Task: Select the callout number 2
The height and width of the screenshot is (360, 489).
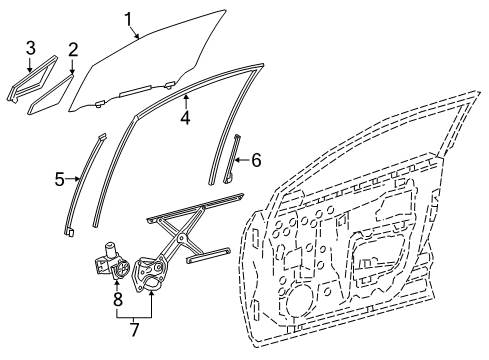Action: click(x=73, y=49)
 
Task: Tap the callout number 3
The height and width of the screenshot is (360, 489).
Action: click(x=30, y=47)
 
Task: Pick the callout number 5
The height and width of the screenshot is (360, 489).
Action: click(x=59, y=180)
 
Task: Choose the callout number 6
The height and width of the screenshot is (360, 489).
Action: click(x=256, y=158)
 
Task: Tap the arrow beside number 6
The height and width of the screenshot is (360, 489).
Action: click(x=243, y=158)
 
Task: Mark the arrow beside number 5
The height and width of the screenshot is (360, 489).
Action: click(x=74, y=180)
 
